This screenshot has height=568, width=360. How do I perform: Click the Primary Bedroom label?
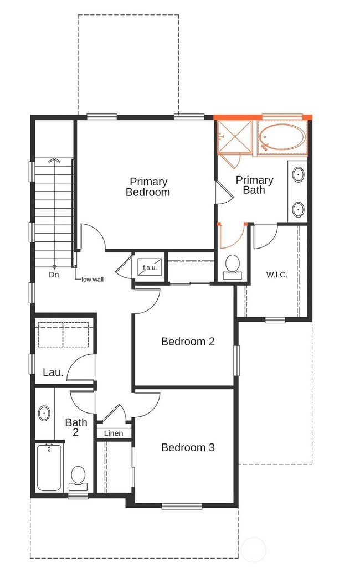pyautogui.click(x=148, y=187)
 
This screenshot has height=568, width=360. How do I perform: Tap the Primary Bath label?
pyautogui.click(x=254, y=185)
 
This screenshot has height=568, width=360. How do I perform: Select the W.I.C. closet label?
pyautogui.click(x=276, y=275)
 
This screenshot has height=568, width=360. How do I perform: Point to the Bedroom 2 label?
pyautogui.click(x=187, y=342)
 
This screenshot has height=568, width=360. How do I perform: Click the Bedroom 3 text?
pyautogui.click(x=187, y=447)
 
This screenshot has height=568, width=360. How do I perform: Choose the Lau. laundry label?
pyautogui.click(x=53, y=373)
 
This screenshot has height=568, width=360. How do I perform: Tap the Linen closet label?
pyautogui.click(x=114, y=433)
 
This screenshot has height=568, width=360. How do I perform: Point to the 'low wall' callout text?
pyautogui.click(x=92, y=280)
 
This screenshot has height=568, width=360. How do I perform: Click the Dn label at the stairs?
pyautogui.click(x=54, y=275)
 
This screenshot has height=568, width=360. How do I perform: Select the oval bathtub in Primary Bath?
pyautogui.click(x=281, y=138)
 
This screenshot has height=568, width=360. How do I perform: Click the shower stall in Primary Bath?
pyautogui.click(x=235, y=136)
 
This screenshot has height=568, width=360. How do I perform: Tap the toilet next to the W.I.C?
pyautogui.click(x=232, y=265)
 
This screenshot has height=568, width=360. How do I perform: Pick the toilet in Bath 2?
pyautogui.click(x=78, y=477)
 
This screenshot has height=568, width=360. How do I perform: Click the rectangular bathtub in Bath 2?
pyautogui.click(x=49, y=467)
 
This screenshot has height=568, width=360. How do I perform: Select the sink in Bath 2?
pyautogui.click(x=44, y=413)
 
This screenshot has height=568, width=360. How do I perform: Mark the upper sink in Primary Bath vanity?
pyautogui.click(x=298, y=175)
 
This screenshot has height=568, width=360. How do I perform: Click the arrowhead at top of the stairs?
pyautogui.click(x=54, y=160)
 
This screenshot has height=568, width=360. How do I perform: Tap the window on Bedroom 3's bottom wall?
pyautogui.click(x=182, y=505)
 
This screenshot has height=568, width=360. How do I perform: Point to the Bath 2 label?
pyautogui.click(x=76, y=427)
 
